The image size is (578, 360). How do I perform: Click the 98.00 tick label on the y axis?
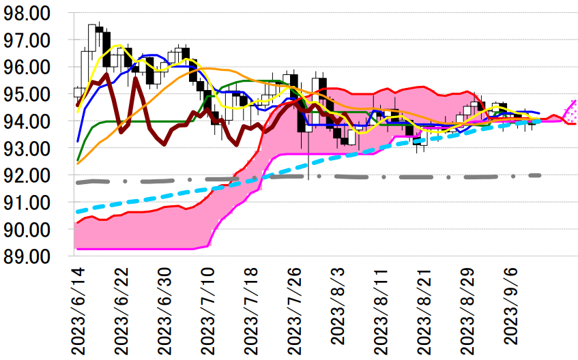pos(32,14)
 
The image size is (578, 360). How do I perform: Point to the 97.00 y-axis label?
pos(32,40)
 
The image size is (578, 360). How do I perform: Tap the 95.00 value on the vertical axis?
pos(32,94)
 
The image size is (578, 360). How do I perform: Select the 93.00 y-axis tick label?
pos(32,149)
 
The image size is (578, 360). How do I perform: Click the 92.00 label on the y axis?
pos(32,175)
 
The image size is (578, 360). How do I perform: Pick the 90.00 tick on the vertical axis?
pos(32,230)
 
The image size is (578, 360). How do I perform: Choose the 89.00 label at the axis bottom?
pos(32,256)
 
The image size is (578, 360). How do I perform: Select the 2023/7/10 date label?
pos(211,310)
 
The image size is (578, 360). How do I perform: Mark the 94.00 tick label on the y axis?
pos(32,121)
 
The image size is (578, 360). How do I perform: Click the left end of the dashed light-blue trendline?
pos(76,211)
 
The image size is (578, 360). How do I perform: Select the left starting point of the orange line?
pos(76,164)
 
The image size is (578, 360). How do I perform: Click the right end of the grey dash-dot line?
pos(540,175)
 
